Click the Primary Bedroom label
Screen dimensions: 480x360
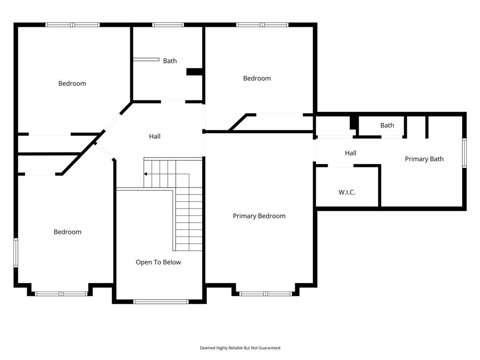[x=259, y=216]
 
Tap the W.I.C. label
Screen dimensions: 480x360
[x=347, y=192]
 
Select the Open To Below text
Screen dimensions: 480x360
[x=158, y=262]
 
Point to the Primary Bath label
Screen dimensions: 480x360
[x=424, y=159]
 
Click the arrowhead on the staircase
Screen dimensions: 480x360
[x=145, y=174]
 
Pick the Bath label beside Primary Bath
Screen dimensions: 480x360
[x=387, y=125]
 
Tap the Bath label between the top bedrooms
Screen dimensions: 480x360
[x=170, y=61]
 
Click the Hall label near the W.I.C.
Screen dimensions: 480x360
[x=351, y=153]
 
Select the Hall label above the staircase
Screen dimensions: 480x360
[x=155, y=136]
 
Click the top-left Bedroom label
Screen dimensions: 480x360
[x=72, y=83]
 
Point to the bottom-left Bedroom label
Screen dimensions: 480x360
[x=67, y=232]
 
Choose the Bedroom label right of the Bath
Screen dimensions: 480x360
[x=257, y=78]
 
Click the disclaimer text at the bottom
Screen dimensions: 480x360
[x=240, y=348]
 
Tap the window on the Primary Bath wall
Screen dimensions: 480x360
[x=464, y=153]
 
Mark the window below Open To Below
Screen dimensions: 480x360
[x=161, y=301]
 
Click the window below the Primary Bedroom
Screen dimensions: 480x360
[x=265, y=294]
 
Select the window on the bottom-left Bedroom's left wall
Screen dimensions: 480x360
[x=16, y=253]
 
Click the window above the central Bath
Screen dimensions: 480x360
[x=168, y=25]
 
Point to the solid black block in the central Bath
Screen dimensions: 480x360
[x=195, y=72]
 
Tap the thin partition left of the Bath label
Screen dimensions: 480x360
[x=146, y=60]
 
